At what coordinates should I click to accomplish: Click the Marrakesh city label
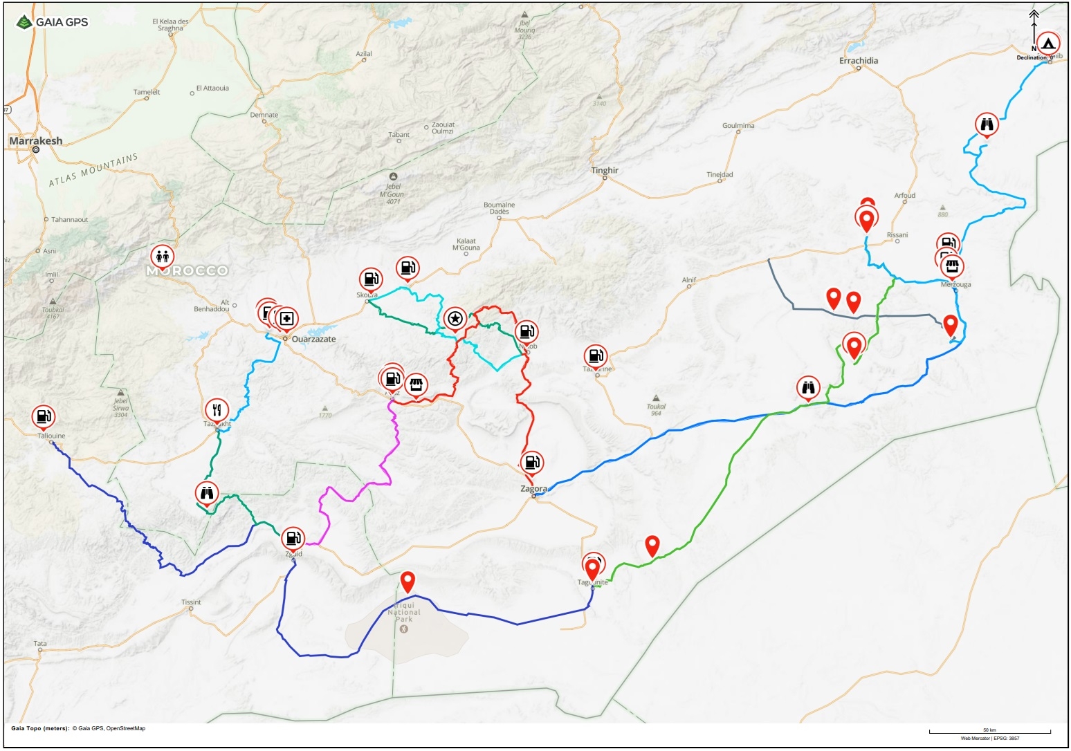click(36, 141)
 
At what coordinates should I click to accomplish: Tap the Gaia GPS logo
click(53, 22)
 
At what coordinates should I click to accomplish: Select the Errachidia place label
click(859, 61)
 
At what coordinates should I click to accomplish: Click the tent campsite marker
click(1048, 44)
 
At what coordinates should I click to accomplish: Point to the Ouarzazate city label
click(313, 340)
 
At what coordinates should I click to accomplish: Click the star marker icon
click(455, 319)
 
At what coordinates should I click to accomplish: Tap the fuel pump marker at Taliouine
click(43, 416)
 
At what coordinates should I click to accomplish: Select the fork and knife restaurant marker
click(217, 409)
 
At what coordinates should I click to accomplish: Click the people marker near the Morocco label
click(162, 257)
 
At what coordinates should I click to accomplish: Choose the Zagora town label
click(533, 489)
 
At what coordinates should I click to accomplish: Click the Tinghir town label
click(605, 171)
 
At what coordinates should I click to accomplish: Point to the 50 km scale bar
click(989, 732)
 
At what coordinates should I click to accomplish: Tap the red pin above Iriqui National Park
click(408, 582)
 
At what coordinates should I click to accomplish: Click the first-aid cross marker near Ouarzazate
click(287, 319)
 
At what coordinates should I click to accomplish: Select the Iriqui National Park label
click(404, 613)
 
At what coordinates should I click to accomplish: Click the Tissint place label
click(191, 602)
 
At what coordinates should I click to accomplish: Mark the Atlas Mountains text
click(93, 170)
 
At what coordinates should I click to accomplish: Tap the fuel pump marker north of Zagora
click(532, 462)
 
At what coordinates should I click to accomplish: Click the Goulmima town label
click(738, 126)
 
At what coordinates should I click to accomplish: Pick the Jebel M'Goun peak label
click(393, 194)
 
